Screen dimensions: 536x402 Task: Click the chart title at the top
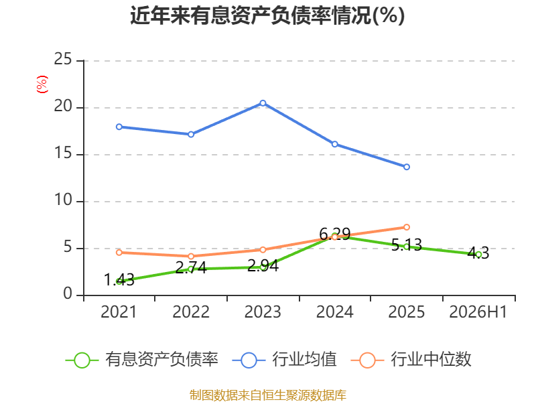pos(267,15)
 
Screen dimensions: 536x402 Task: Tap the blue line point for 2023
pos(263,103)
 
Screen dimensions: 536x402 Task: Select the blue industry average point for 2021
pos(119,127)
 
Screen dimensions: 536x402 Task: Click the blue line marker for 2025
pos(407,167)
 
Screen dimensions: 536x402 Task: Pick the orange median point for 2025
pos(407,227)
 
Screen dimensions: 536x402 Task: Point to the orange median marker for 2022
pos(191,257)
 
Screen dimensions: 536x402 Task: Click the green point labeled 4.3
pos(478,255)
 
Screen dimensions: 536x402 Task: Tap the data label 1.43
pos(119,280)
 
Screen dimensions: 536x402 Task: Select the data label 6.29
pos(334,234)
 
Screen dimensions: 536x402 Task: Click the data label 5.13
pos(407,245)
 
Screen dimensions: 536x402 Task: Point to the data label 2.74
pos(191,267)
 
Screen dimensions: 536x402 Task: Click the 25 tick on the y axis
pos(63,60)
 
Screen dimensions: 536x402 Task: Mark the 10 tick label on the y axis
pos(63,200)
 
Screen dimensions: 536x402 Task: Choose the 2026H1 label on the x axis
pos(478,312)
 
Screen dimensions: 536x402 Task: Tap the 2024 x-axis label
pos(334,312)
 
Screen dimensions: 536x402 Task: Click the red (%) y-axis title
pos(42,84)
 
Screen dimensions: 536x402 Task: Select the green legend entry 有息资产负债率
pos(142,360)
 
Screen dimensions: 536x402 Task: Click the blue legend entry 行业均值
pos(284,360)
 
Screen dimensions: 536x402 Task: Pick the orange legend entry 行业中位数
pos(411,360)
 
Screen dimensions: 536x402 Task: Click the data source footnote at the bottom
pos(268,395)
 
